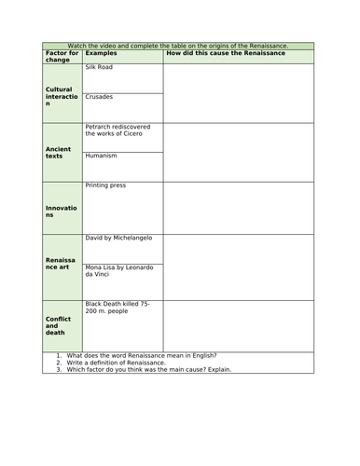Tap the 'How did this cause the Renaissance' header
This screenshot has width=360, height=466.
[x=225, y=53]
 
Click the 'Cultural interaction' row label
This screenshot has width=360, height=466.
[x=59, y=99]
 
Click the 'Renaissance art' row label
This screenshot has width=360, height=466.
[x=60, y=268]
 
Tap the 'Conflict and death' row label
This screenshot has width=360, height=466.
[x=59, y=325]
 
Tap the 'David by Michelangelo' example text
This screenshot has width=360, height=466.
[x=118, y=238]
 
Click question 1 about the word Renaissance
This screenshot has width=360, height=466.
[x=142, y=355]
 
